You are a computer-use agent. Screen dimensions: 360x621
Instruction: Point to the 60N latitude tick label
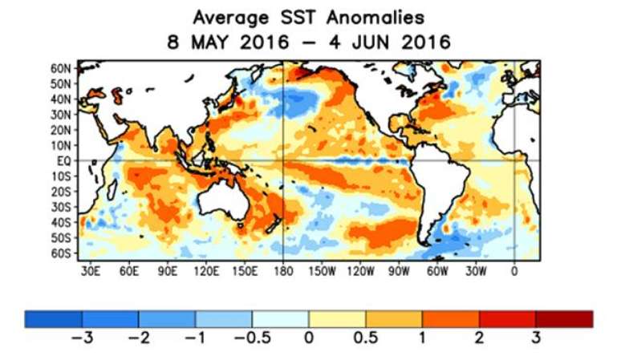point(61,68)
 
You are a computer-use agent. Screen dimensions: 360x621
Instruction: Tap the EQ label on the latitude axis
point(66,160)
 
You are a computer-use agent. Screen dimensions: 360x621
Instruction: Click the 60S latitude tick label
point(62,253)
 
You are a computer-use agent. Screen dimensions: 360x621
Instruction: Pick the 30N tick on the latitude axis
point(61,115)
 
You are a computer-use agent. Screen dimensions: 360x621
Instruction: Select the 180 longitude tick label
point(284,271)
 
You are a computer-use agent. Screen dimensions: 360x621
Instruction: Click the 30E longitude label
point(91,271)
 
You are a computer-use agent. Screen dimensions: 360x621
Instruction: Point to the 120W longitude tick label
point(360,271)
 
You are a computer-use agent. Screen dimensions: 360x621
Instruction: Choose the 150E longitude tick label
point(245,271)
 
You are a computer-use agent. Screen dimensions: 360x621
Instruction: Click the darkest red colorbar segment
point(564,319)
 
